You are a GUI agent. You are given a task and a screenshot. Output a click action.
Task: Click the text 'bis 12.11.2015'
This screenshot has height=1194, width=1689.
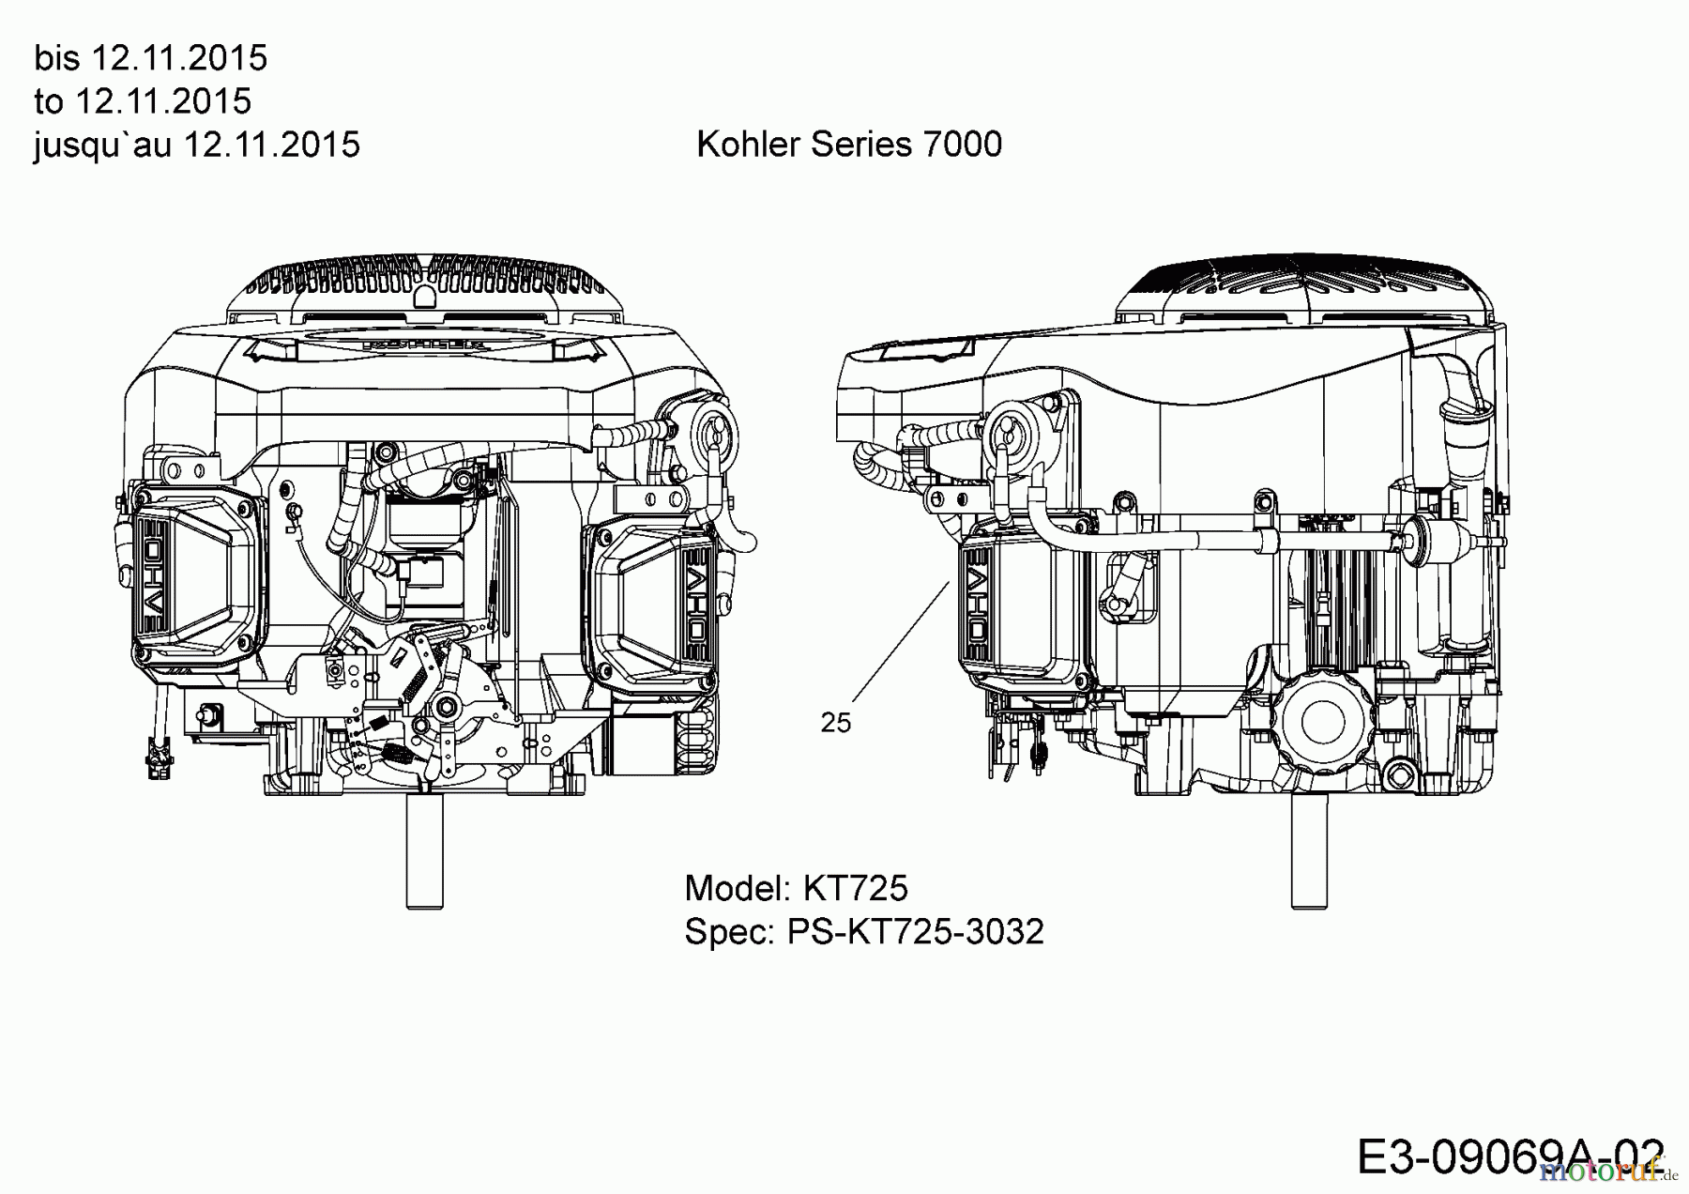point(150,58)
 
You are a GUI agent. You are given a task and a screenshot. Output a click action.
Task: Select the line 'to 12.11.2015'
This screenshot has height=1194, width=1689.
point(143,101)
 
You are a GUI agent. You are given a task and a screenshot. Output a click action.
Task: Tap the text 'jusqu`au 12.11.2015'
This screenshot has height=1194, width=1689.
point(196,145)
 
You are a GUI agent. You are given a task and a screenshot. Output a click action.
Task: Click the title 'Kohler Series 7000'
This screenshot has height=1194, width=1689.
point(848,145)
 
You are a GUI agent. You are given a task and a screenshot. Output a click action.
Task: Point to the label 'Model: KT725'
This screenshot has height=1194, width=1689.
point(796,888)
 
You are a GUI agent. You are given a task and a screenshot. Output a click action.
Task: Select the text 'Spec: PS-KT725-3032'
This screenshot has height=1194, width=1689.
point(863,932)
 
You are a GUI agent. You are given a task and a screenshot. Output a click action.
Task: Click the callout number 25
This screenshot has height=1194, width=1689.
point(835,723)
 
